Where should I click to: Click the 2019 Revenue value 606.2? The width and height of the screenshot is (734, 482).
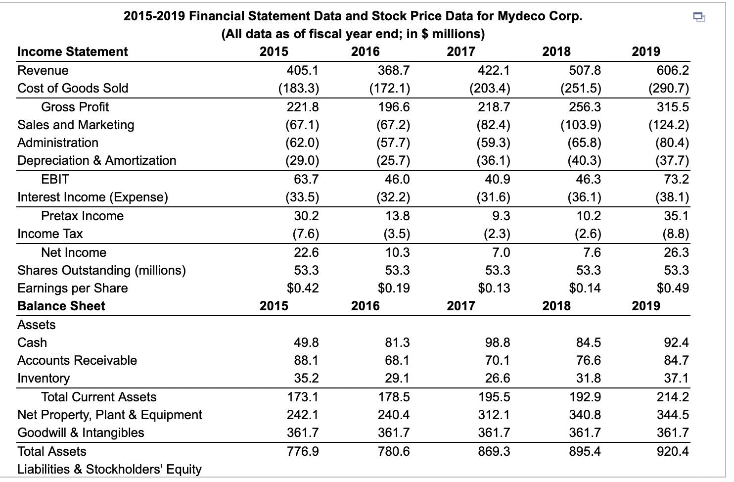[672, 70]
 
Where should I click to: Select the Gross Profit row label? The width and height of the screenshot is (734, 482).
[75, 107]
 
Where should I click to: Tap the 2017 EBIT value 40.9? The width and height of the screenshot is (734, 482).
[497, 179]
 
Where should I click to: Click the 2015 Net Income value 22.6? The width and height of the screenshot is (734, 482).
[306, 252]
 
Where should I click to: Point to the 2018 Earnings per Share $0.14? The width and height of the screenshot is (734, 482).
[585, 288]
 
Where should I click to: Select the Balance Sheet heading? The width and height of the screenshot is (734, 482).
[61, 306]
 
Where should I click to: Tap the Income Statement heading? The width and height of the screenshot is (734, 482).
[73, 51]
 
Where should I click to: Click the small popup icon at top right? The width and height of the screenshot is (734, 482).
[698, 18]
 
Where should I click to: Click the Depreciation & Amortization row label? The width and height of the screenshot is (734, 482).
[97, 160]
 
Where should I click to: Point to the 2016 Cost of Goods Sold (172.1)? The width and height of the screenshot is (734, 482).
[390, 88]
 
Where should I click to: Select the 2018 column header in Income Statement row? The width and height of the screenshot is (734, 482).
[556, 51]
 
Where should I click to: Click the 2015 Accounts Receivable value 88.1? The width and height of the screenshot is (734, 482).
[306, 360]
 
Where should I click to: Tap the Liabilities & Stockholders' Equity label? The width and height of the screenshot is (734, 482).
[110, 469]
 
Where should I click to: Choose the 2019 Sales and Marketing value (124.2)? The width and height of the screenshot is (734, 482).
[668, 125]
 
